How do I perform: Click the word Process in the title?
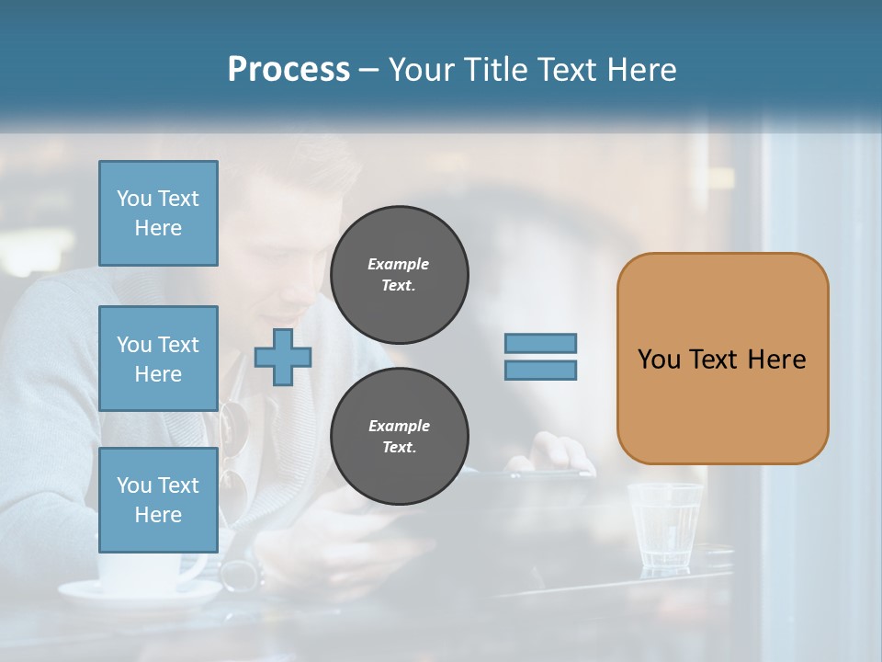(288, 70)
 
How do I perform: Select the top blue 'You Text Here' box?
(158, 213)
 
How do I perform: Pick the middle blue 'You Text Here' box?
(158, 359)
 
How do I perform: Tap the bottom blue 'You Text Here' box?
(158, 499)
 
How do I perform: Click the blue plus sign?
(283, 357)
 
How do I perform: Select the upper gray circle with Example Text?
(399, 275)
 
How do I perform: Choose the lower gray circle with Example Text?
(399, 437)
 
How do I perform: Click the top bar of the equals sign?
(540, 343)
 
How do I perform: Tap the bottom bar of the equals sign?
(540, 371)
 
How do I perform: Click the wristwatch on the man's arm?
(241, 576)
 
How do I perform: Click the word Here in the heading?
(640, 70)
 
